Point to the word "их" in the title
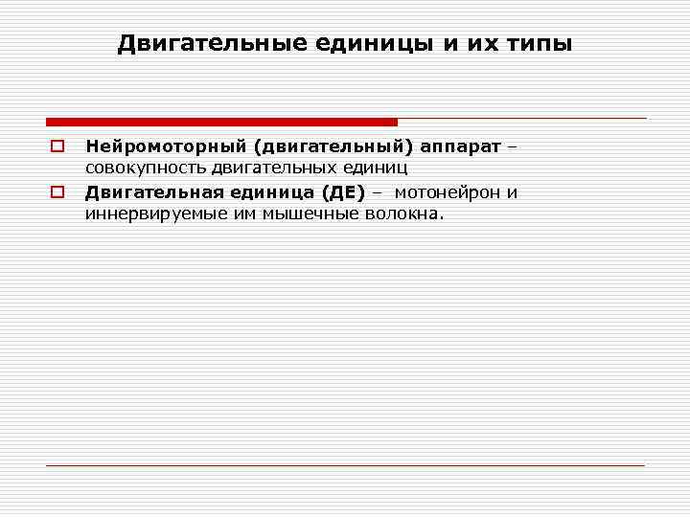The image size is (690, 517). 476,44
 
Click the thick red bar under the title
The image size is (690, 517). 220,122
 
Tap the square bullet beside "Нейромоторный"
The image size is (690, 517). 57,146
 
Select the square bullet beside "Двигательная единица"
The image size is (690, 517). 57,192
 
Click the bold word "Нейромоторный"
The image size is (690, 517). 163,146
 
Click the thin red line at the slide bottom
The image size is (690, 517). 345,465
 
